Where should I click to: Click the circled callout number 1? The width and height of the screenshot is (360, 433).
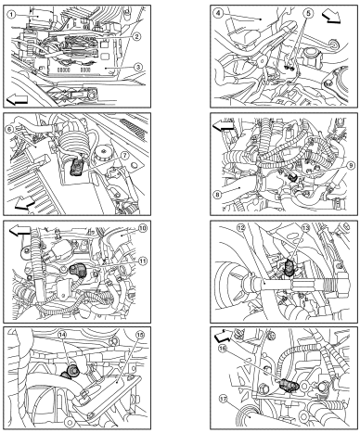click(11, 14)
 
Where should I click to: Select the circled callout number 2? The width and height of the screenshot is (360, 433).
click(137, 36)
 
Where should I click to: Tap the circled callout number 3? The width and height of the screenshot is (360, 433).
click(138, 67)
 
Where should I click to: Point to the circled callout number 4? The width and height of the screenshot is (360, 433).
click(219, 13)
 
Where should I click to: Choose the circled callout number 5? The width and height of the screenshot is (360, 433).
click(308, 13)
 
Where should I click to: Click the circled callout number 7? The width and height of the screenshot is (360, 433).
click(124, 157)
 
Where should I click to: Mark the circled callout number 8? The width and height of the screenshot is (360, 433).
click(217, 195)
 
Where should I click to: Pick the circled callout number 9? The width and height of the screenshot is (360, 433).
click(351, 166)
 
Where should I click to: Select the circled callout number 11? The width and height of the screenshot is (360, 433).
click(143, 261)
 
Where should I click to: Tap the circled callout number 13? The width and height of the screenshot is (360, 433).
click(305, 228)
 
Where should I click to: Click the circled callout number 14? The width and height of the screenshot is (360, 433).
click(62, 335)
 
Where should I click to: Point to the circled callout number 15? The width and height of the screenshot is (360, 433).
click(140, 335)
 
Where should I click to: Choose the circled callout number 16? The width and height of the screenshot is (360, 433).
click(222, 348)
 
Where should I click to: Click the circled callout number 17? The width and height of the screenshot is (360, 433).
click(222, 399)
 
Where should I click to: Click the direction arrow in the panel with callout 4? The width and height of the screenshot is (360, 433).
click(331, 17)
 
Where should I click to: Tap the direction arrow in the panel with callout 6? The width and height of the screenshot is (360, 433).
click(25, 204)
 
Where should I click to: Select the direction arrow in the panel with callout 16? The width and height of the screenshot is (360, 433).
click(224, 335)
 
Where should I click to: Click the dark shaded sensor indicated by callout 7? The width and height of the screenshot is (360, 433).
click(76, 167)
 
